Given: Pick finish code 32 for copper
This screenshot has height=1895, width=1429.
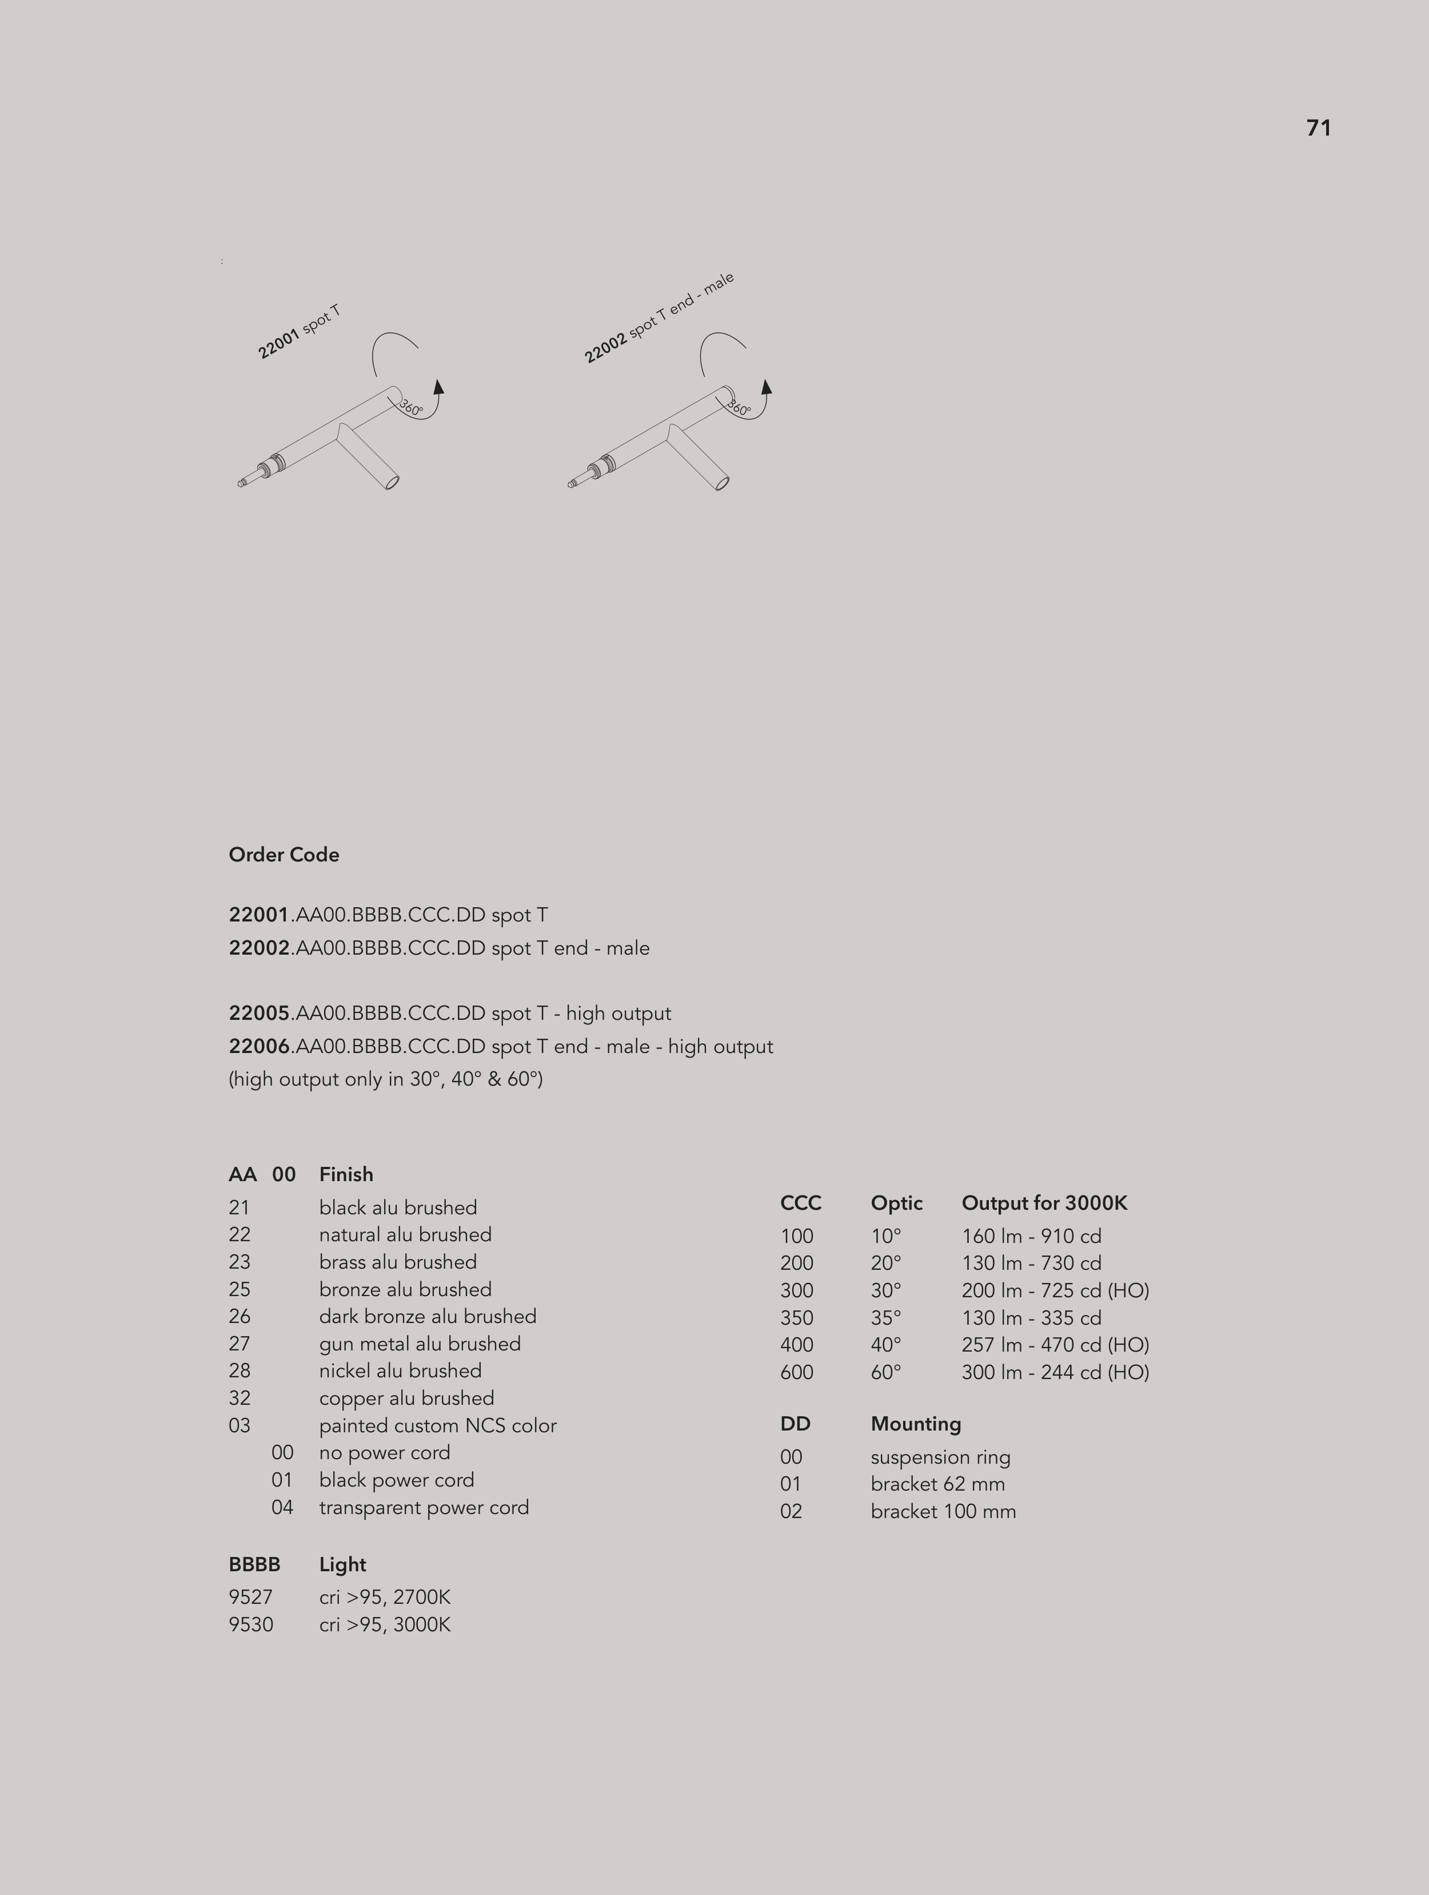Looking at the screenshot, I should point(240,1397).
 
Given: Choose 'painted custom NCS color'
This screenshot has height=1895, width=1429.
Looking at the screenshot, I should point(437,1425).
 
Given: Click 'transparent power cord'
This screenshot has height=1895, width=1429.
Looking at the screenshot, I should point(424,1507).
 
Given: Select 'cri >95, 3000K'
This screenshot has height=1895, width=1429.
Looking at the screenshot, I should point(385,1624).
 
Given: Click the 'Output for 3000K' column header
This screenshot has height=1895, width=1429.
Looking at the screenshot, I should point(1044,1203).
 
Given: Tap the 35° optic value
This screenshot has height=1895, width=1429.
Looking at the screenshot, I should point(885,1318).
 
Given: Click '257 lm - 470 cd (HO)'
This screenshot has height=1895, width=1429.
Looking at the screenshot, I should point(1055,1344).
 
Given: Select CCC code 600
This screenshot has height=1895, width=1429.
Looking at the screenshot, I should point(796,1372).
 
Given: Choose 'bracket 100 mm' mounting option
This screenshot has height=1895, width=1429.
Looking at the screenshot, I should point(943,1511).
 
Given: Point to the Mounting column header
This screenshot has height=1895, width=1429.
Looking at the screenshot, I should point(915,1423).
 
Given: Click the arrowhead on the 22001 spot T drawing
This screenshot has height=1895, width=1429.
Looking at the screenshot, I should point(438,387).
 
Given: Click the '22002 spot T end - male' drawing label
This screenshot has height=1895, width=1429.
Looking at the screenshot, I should point(658,318).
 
